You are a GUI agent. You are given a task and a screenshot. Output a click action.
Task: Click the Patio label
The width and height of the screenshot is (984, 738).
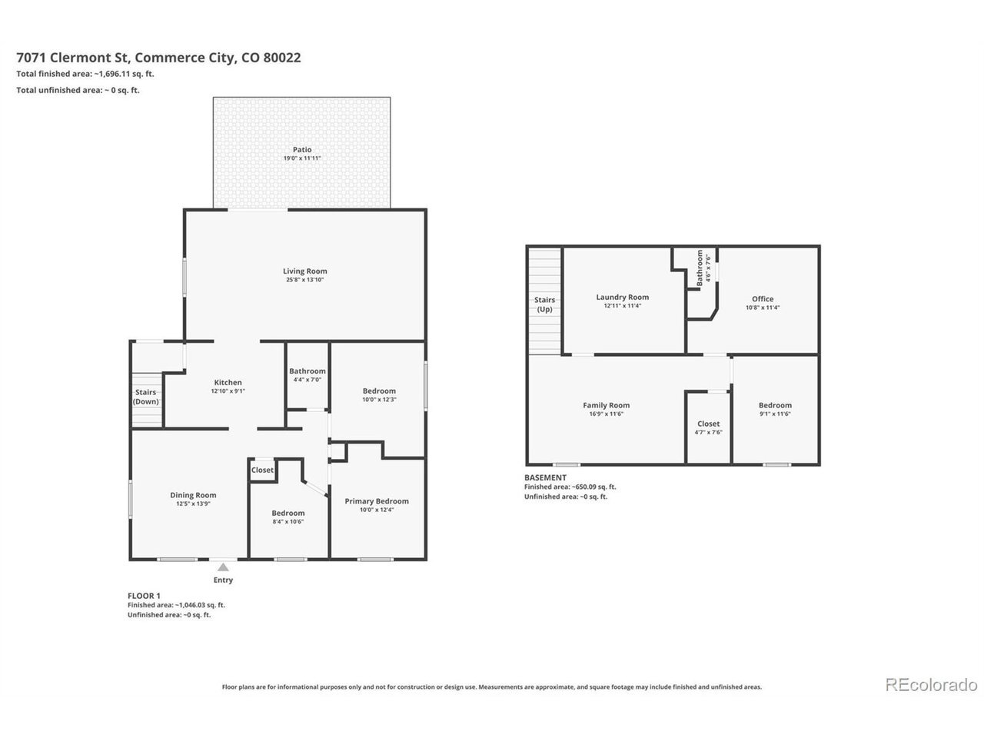click(x=302, y=150)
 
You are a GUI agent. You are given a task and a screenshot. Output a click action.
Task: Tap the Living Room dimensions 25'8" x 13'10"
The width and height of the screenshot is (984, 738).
click(x=305, y=280)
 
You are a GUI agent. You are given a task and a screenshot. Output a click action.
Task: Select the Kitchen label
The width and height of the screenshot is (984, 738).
click(x=228, y=382)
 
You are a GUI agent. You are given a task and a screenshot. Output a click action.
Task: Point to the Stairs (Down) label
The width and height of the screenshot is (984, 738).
click(x=146, y=397)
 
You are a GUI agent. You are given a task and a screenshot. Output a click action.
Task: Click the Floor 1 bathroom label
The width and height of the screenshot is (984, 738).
click(x=307, y=371)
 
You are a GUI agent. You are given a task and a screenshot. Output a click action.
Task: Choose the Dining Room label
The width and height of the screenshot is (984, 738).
click(x=193, y=495)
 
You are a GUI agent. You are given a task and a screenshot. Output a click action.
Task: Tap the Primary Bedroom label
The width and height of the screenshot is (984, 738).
click(x=377, y=501)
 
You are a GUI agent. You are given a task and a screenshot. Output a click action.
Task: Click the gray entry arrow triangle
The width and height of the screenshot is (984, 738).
click(x=223, y=567)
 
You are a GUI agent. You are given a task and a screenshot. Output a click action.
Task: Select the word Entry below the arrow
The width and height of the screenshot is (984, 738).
click(x=223, y=580)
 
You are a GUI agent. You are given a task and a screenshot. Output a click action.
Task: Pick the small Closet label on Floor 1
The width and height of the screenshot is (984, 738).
click(x=262, y=470)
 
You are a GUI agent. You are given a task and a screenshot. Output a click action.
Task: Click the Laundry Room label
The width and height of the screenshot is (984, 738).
click(x=622, y=297)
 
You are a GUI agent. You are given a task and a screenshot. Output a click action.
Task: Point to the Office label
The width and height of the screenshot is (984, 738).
click(x=763, y=299)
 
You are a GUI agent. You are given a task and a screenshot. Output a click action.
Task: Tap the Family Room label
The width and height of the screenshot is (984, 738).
click(x=606, y=405)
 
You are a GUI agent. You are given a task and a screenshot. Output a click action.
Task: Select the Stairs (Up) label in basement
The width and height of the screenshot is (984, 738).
click(x=545, y=304)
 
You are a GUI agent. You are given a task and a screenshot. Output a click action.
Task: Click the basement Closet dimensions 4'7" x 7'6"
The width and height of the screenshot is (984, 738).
click(x=708, y=432)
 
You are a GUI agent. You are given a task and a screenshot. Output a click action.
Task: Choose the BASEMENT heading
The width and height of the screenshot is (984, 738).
click(x=545, y=477)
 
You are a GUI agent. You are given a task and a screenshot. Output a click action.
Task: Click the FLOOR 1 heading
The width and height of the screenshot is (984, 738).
click(x=144, y=596)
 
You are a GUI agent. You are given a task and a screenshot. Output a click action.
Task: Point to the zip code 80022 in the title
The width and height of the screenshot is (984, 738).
click(x=282, y=58)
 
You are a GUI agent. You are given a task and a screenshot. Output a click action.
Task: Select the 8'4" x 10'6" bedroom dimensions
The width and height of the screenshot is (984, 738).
click(x=288, y=521)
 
